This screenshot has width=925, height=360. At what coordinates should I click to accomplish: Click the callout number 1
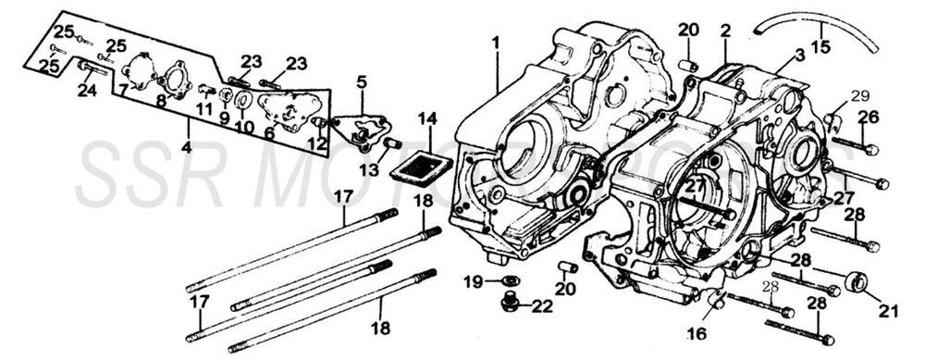[496, 43]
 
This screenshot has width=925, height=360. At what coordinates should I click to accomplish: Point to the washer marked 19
[508, 279]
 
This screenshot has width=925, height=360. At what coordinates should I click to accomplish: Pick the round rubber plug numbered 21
[857, 281]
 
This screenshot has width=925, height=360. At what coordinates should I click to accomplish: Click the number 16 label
[697, 332]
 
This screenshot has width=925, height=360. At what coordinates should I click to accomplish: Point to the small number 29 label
[860, 96]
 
